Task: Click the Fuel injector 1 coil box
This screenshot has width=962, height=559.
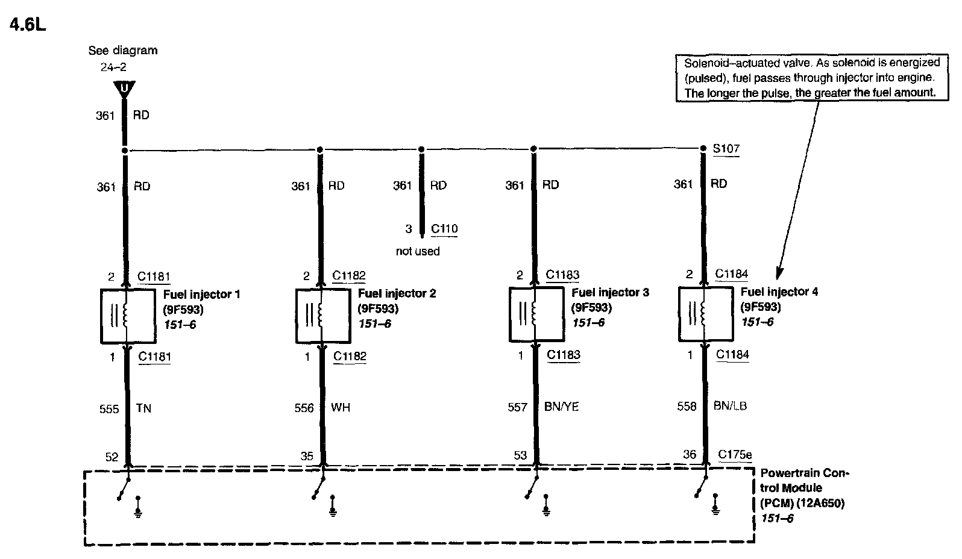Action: pos(127,316)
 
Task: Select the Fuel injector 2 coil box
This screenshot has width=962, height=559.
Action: pos(322,315)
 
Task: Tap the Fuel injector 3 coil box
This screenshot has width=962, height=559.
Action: pos(535,314)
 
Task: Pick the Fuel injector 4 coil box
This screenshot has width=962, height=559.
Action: pos(705,313)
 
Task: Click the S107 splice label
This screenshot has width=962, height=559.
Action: pos(726,148)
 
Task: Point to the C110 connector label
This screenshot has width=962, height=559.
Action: pos(444,229)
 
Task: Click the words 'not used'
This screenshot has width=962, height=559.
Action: pos(418,251)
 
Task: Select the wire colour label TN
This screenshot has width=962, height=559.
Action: pos(143,408)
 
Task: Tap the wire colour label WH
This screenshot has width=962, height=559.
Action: pos(341,408)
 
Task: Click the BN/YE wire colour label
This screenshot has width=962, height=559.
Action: pos(561,407)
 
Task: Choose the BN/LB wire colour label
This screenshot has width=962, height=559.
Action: pos(730,406)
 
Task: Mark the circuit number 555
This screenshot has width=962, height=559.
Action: pos(108,409)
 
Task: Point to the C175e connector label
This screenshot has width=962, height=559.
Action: pos(735,455)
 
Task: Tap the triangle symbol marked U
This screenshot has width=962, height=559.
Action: pos(124,89)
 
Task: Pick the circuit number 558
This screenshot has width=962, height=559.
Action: pos(687,407)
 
